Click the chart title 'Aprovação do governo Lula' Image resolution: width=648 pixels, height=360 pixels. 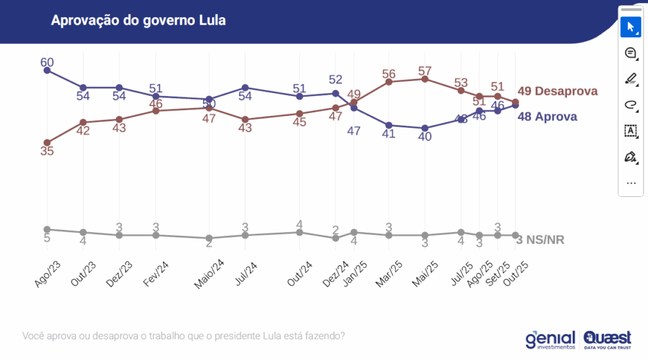(x=139, y=21)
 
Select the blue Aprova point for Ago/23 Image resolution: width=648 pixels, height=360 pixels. (x=47, y=70)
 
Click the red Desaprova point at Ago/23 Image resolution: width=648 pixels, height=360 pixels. (x=47, y=142)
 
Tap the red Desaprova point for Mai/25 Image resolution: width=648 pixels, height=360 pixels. (x=425, y=79)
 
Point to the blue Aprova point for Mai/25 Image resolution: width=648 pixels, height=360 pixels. (x=425, y=128)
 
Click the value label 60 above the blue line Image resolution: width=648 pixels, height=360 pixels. (x=47, y=61)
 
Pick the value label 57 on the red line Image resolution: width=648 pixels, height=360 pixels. (x=425, y=70)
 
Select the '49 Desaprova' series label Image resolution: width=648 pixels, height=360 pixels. (x=558, y=91)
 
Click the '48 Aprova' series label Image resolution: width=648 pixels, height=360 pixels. (x=547, y=116)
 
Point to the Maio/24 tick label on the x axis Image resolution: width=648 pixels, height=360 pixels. (x=209, y=272)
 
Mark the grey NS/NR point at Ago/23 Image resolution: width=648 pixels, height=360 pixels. (x=47, y=229)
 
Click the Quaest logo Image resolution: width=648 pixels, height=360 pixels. (x=608, y=340)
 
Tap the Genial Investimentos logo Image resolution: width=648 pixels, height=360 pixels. (x=550, y=340)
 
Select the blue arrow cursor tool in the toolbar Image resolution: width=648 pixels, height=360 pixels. (x=630, y=27)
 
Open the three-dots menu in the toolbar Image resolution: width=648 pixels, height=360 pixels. (x=630, y=183)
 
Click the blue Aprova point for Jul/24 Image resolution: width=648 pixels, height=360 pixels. (x=245, y=87)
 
